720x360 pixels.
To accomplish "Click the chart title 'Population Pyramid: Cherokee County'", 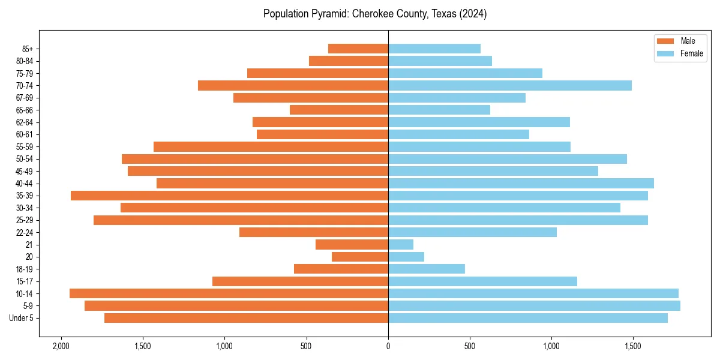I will point(375,14).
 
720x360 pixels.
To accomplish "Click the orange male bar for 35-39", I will point(229,196).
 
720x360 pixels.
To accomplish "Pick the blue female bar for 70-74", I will point(510,85).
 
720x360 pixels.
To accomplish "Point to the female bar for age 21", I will point(401,244).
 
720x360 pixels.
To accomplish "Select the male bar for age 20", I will point(360,257).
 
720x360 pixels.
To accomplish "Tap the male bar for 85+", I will point(358,49).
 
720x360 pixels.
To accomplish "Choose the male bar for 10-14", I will point(229,293).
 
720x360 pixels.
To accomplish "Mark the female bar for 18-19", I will point(427,269).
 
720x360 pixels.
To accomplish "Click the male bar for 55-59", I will point(271,146).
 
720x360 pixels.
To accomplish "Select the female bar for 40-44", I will point(521,183).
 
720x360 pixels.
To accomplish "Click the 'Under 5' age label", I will point(21,318).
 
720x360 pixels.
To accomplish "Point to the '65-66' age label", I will point(25,110).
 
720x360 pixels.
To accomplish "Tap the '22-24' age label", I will point(25,232).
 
